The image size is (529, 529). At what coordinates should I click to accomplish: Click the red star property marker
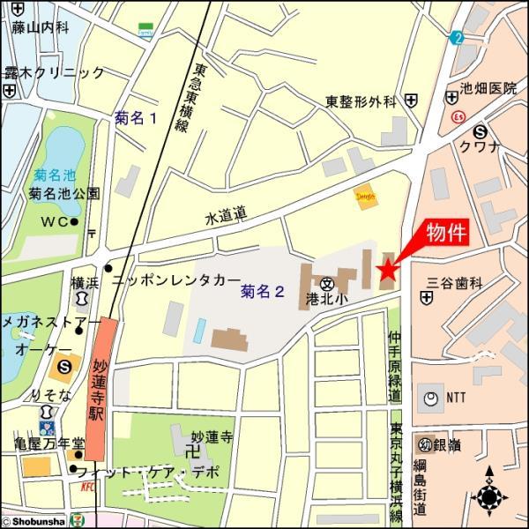tap(386, 270)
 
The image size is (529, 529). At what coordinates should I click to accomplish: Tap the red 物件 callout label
tap(445, 233)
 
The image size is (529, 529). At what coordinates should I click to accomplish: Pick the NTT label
tap(456, 399)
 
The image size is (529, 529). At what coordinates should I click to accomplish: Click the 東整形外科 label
tap(360, 101)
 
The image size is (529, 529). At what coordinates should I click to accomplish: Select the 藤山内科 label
tap(40, 27)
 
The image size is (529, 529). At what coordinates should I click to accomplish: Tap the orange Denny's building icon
tap(366, 196)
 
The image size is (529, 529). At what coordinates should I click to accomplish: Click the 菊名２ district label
tap(262, 291)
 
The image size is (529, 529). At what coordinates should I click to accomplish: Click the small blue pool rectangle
tap(199, 332)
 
